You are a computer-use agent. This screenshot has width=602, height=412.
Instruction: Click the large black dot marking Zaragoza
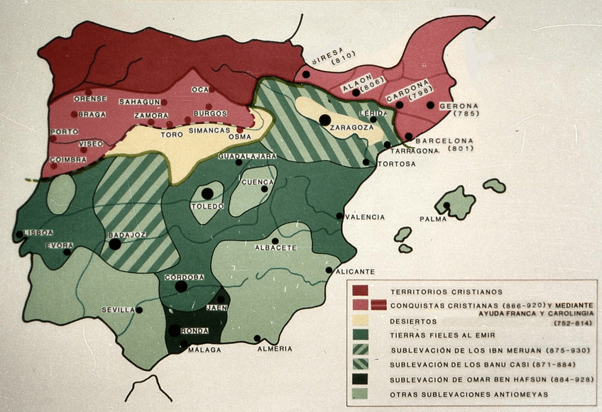[325, 120]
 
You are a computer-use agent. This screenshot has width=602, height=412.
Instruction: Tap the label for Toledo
[207, 206]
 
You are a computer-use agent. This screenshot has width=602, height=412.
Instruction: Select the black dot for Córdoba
[181, 286]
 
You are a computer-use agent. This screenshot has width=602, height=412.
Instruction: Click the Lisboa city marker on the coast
[19, 235]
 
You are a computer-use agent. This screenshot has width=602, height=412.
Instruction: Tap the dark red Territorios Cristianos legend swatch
[362, 291]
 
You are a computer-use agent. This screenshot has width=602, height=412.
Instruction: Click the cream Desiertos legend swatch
[362, 321]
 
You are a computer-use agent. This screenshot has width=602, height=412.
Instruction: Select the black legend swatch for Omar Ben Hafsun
[362, 379]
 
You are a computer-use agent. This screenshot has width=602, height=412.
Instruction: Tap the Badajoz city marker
[115, 244]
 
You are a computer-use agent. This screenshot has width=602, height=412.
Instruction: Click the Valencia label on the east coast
[365, 217]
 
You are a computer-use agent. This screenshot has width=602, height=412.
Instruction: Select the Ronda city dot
[175, 330]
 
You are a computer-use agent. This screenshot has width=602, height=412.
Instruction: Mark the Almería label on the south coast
[275, 348]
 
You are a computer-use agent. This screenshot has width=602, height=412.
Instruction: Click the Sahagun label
[139, 102]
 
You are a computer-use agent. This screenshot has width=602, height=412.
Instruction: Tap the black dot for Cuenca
[265, 189]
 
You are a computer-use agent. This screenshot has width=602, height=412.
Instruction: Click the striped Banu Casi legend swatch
[362, 364]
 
